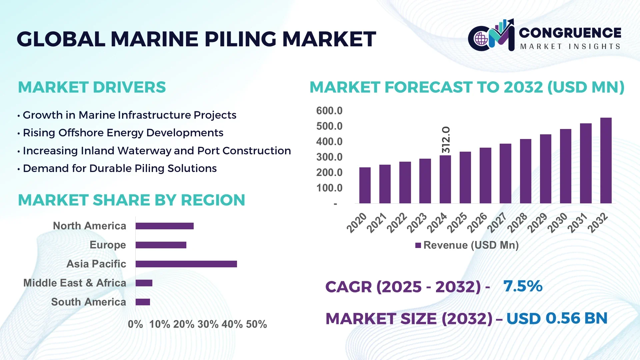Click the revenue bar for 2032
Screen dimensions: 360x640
[606, 161]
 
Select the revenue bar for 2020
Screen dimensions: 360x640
[365, 185]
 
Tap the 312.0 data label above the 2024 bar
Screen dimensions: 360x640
[446, 140]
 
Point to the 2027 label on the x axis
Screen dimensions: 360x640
[497, 223]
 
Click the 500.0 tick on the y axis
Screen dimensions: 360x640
[329, 126]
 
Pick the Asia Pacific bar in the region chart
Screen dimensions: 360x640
[186, 264]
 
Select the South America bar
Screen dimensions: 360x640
[143, 302]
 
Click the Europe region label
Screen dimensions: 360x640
[108, 245]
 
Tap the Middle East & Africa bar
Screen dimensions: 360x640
[144, 283]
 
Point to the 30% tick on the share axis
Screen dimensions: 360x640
[208, 324]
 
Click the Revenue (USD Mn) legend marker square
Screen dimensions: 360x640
[418, 245]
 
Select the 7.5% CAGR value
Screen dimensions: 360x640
[523, 286]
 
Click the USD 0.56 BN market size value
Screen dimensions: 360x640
[557, 318]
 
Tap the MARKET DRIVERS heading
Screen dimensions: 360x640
[92, 87]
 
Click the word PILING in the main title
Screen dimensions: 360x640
[240, 39]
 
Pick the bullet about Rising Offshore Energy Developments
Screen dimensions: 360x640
[123, 133]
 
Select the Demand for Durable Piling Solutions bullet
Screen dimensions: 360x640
[119, 168]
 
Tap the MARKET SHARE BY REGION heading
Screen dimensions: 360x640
[131, 200]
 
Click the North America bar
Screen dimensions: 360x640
[164, 226]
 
